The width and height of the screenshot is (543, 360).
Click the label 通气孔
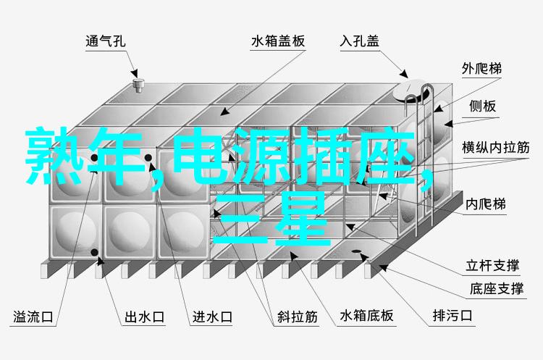[105, 41]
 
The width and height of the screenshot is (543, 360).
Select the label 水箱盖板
[278, 41]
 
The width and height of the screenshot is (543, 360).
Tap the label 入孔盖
[359, 41]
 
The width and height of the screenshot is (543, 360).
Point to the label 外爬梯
[481, 69]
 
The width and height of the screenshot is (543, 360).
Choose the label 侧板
[483, 106]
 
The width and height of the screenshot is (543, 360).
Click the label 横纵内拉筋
[495, 148]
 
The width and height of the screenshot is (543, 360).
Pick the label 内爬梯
[486, 204]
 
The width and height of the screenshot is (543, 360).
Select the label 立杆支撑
[492, 265]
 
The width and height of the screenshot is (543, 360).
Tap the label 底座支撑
[496, 288]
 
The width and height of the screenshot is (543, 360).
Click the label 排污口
[452, 316]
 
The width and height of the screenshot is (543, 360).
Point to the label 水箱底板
[366, 316]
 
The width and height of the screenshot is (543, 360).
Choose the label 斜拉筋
[297, 317]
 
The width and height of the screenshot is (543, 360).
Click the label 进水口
[212, 317]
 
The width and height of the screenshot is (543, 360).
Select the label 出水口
[144, 317]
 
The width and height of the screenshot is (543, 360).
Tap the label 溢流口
[33, 317]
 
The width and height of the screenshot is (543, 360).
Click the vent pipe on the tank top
[138, 85]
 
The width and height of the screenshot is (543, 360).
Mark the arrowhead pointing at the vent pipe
[135, 73]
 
